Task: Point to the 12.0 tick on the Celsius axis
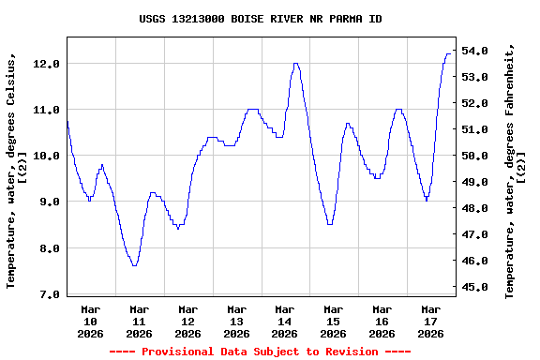(47, 64)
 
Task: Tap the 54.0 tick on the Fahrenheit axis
(475, 51)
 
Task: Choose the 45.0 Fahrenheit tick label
(475, 287)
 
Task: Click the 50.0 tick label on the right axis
(475, 156)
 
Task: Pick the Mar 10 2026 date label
(91, 321)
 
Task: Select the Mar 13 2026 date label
(236, 321)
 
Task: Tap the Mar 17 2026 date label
(430, 321)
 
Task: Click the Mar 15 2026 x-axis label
(334, 321)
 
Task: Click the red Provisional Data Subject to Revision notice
(260, 352)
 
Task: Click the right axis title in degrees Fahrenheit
(515, 170)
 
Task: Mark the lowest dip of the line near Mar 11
(135, 265)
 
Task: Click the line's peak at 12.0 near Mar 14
(295, 64)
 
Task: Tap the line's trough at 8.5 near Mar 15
(329, 224)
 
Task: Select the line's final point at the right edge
(450, 54)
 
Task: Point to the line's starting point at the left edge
(67, 121)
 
